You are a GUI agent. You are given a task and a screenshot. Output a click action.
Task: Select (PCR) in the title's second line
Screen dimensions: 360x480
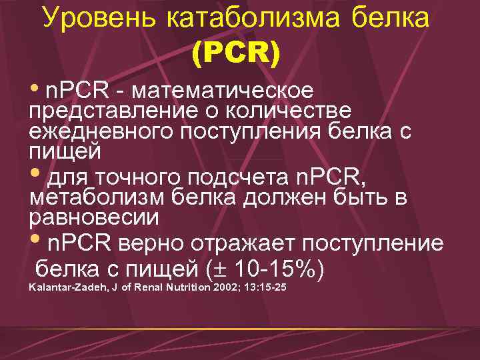click(x=235, y=52)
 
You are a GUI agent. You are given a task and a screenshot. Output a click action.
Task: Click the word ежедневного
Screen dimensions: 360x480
click(x=100, y=130)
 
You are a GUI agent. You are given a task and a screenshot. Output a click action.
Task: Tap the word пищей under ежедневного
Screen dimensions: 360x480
click(x=65, y=151)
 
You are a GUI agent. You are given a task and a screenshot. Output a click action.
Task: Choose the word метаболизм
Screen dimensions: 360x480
click(x=98, y=198)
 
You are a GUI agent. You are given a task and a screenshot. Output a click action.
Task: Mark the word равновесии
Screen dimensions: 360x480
click(x=94, y=217)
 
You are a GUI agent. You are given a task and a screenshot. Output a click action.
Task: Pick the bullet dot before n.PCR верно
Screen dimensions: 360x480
click(x=36, y=241)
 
